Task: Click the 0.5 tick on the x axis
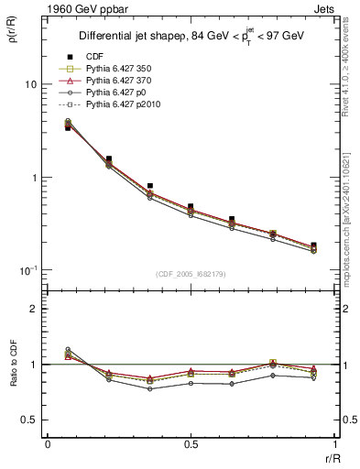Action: (191, 444)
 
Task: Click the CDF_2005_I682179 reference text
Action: (191, 275)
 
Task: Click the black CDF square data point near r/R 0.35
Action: (149, 186)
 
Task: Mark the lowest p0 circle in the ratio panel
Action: (149, 389)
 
